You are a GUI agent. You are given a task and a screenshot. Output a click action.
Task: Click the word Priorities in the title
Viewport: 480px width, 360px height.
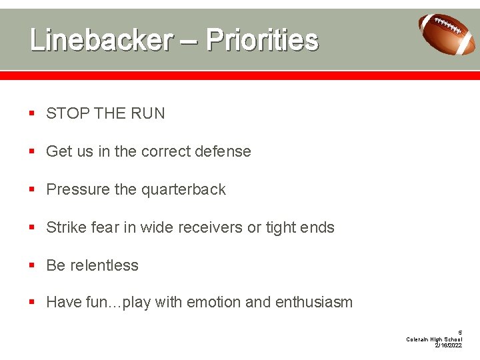[x=262, y=40]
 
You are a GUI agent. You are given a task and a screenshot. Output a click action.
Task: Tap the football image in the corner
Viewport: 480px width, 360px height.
[x=447, y=33]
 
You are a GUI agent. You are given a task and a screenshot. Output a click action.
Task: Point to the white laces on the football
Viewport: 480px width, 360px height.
[x=453, y=27]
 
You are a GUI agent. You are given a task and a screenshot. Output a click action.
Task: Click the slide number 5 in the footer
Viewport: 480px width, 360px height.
[x=459, y=333]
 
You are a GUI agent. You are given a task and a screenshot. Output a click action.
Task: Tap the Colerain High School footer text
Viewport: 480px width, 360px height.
[x=434, y=339]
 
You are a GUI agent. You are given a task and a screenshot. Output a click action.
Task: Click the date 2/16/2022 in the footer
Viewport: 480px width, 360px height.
[x=448, y=346]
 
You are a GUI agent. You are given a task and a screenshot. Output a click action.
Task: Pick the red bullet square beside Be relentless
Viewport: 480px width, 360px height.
[x=32, y=266]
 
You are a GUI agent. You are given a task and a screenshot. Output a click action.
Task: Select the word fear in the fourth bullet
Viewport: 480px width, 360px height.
[x=105, y=228]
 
